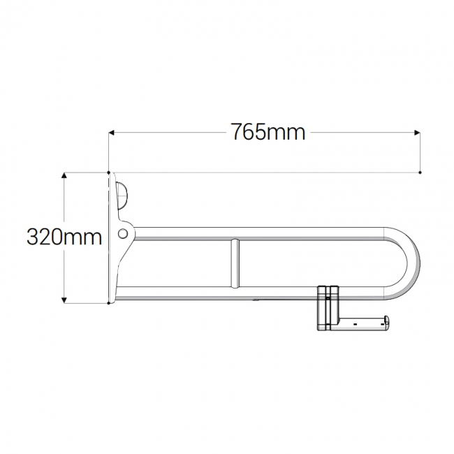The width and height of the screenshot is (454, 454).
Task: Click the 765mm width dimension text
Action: pyautogui.click(x=268, y=132)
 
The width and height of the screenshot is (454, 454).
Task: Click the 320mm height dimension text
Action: pyautogui.click(x=64, y=237)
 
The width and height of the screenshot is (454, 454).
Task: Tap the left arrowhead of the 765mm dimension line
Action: pyautogui.click(x=111, y=131)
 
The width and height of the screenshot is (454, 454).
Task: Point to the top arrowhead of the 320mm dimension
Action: pyautogui.click(x=64, y=175)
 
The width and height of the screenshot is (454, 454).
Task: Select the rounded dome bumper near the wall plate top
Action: pyautogui.click(x=122, y=193)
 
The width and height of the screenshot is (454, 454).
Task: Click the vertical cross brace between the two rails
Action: pyautogui.click(x=235, y=263)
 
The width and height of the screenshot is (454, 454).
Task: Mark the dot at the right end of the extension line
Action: pyautogui.click(x=420, y=172)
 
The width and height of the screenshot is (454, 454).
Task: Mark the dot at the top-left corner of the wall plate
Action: pyautogui.click(x=108, y=171)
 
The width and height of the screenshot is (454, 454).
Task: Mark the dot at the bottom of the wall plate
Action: pyautogui.click(x=108, y=303)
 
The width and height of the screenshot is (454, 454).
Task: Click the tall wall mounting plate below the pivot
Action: pyautogui.click(x=113, y=272)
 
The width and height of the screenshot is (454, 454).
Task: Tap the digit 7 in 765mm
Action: pyautogui.click(x=237, y=132)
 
